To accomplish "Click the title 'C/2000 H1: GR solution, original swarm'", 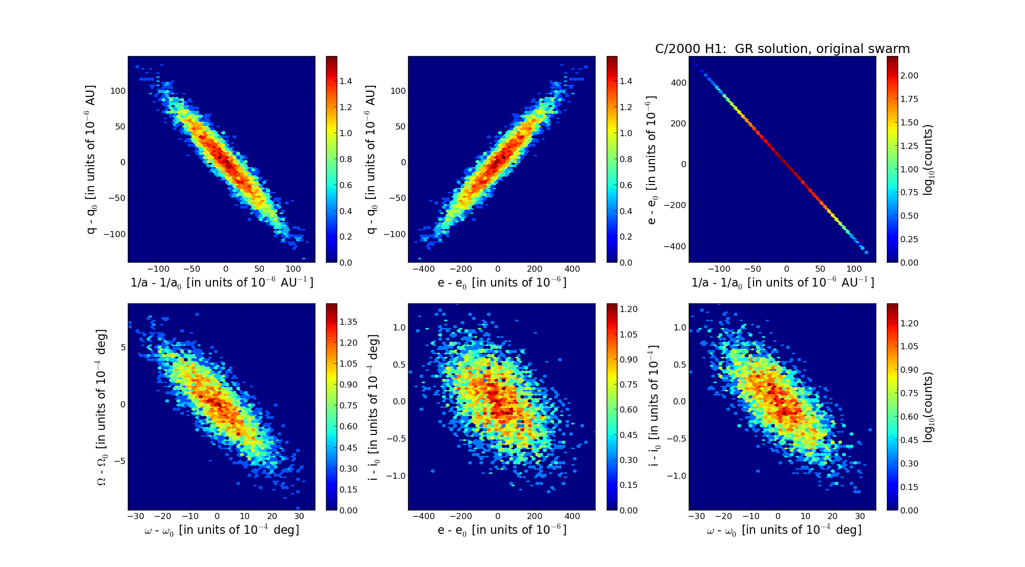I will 782,49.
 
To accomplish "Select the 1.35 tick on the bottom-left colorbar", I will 348,322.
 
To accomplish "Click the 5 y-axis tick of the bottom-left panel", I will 122,347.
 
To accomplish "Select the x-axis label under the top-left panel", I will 222,282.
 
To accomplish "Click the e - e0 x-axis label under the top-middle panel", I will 502,282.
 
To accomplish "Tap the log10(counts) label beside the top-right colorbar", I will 928,160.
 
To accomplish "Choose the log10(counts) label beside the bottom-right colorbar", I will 928,407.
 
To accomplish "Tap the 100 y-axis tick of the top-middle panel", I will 398,91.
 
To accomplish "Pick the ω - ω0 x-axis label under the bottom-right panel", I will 784,530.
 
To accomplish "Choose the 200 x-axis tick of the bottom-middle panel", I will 535,516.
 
